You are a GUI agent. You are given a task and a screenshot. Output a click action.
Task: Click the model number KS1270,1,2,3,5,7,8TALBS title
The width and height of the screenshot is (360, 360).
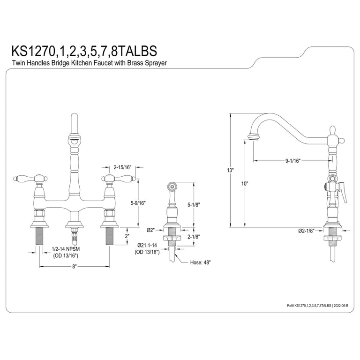84,51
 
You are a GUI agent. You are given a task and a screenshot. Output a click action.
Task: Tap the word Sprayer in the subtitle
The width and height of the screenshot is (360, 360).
156,63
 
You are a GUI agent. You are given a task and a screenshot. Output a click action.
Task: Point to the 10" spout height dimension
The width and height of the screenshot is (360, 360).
245,184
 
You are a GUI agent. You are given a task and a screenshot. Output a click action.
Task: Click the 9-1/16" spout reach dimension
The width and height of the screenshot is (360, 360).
293,161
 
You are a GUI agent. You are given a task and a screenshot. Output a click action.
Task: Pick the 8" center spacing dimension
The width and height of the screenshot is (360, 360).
74,267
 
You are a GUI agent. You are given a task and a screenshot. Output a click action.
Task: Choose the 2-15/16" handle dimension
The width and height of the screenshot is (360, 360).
123,167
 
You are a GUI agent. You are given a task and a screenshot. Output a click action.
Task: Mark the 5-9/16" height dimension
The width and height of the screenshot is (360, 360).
138,203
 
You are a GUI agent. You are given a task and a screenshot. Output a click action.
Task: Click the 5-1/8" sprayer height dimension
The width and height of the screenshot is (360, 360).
194,205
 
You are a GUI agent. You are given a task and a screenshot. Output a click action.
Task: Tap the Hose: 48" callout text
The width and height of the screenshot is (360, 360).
200,262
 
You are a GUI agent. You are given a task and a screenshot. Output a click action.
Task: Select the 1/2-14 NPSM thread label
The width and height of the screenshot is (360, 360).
66,249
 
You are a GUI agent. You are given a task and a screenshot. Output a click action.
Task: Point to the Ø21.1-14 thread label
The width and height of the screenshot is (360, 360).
147,246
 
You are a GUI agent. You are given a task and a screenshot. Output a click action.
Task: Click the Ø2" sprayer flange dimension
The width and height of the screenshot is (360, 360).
151,230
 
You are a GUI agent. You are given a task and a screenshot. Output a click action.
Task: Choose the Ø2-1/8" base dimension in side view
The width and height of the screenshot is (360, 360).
306,231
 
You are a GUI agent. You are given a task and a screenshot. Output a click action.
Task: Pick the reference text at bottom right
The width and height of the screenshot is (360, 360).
317,306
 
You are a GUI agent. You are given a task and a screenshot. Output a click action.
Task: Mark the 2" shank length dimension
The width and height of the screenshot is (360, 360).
127,236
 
